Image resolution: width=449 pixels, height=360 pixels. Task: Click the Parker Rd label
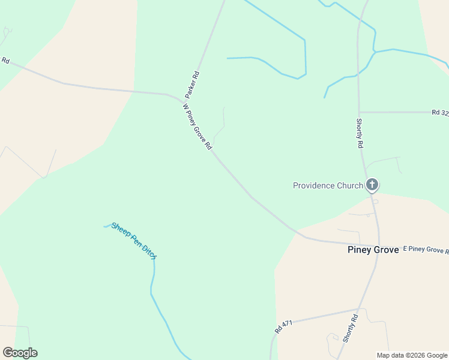(x=192, y=85)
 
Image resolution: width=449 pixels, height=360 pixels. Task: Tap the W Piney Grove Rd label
(x=197, y=127)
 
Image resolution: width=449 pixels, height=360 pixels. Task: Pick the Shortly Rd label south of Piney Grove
(x=350, y=328)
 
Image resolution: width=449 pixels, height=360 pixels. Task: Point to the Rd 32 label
(x=439, y=112)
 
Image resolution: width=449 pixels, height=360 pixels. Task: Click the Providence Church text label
(x=328, y=185)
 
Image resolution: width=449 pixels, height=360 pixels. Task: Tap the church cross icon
(x=372, y=185)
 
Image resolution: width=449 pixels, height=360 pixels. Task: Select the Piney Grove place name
(x=373, y=250)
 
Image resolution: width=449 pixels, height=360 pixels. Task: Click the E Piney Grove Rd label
(x=425, y=249)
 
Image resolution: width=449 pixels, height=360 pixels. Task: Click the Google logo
(x=20, y=353)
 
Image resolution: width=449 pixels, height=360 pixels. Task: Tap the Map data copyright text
(x=412, y=355)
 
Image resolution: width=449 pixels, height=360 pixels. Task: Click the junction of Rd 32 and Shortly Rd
(x=359, y=112)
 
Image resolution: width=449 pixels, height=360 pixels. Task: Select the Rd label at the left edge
(x=5, y=60)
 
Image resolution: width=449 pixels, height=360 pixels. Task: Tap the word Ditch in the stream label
(x=149, y=252)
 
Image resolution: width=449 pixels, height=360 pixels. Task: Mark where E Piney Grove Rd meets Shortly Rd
(x=378, y=245)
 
